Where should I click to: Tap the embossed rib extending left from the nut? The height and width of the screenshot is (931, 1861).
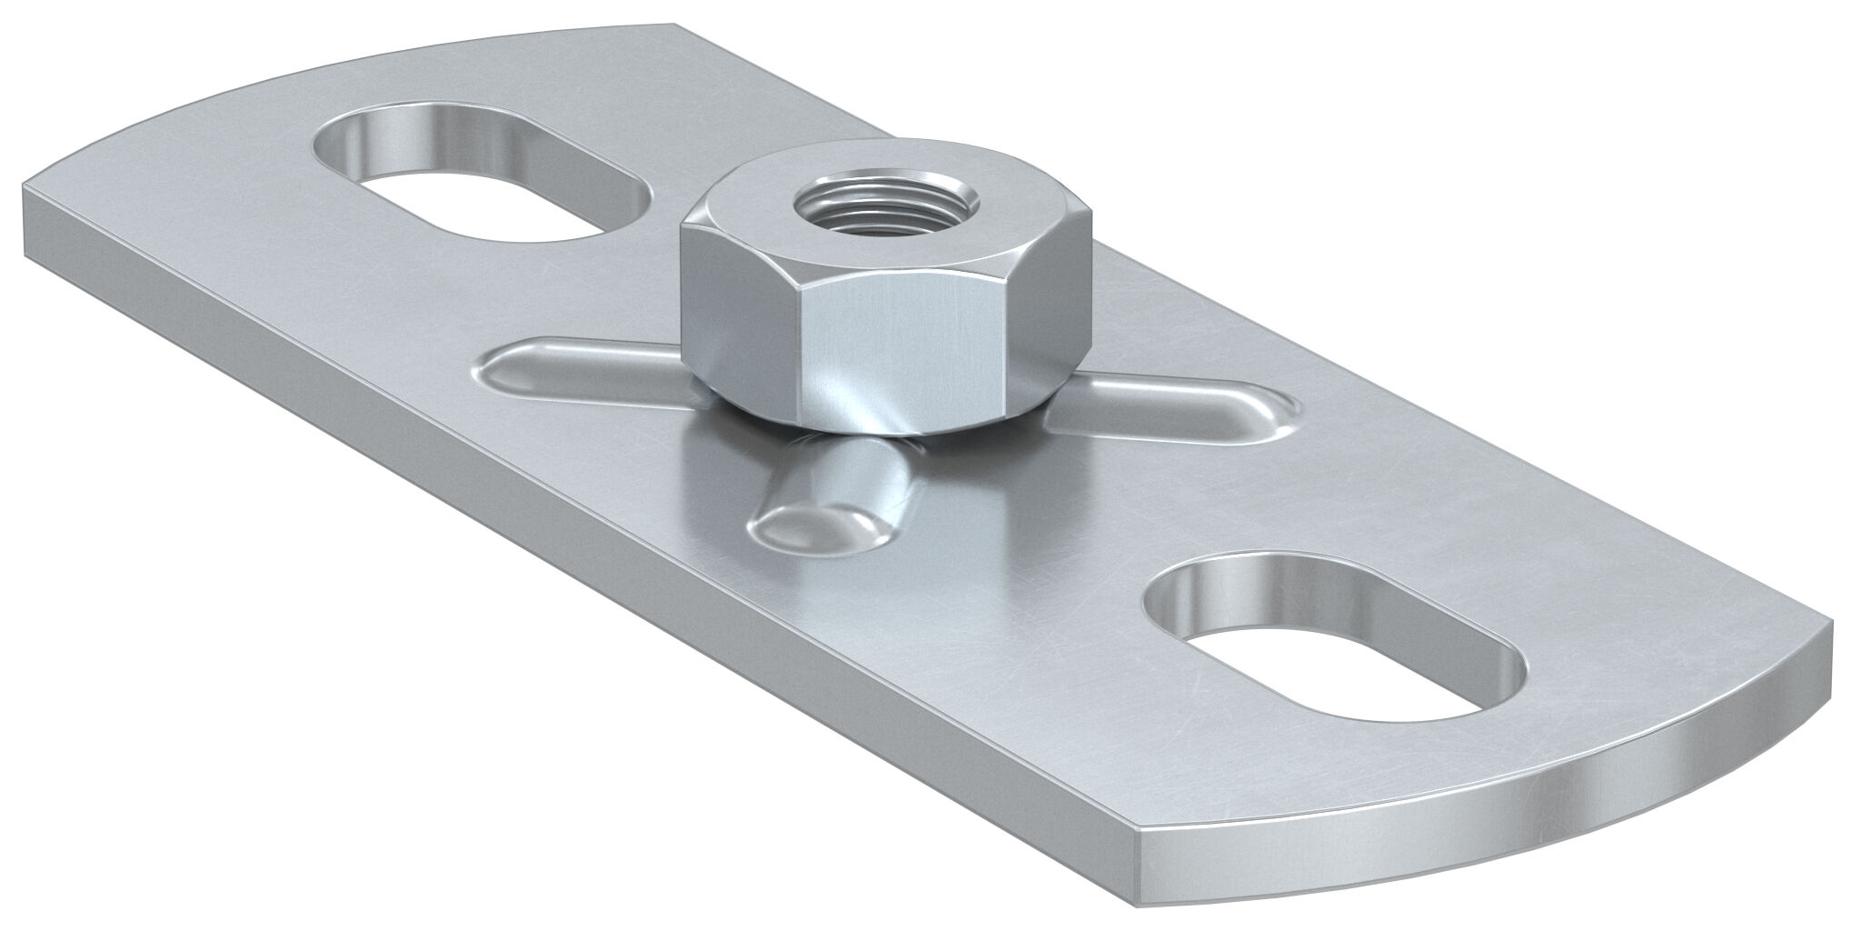click(x=582, y=373)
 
